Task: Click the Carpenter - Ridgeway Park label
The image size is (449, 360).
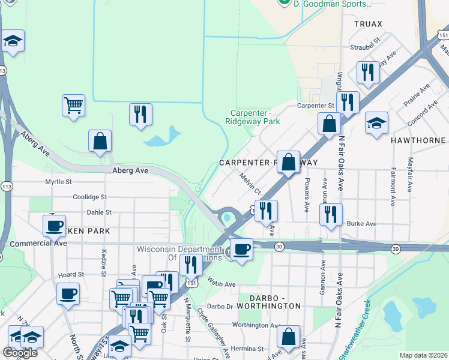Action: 253,117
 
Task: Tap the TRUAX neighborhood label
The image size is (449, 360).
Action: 368,23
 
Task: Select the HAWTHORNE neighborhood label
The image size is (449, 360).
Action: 419,139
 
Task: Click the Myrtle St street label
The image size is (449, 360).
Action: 58,181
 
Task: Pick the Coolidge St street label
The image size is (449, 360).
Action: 89,197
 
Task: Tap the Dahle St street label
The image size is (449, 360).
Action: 99,212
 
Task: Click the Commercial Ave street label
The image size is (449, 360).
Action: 38,243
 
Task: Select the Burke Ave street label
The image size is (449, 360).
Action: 361,224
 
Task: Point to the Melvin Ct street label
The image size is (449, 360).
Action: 250,184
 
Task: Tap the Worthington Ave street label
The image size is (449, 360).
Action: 256,325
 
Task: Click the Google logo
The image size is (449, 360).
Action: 20,353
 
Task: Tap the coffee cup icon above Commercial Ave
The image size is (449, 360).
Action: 54,226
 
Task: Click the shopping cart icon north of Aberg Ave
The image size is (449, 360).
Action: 73,106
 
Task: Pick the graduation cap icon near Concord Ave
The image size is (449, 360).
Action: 377,123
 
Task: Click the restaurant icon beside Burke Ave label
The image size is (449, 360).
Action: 331,214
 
